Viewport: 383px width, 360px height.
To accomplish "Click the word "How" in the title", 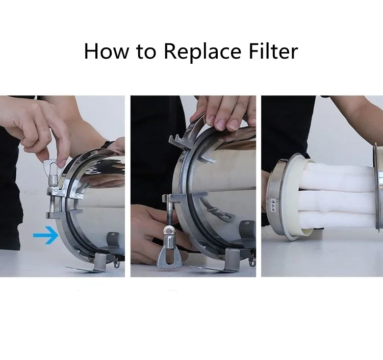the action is point(106,51).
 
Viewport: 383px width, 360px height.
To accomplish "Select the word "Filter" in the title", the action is point(273,51).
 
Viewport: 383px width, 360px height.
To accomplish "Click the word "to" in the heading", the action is point(146,52).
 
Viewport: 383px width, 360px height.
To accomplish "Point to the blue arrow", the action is point(46,235).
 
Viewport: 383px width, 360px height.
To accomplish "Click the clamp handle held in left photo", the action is point(52,166).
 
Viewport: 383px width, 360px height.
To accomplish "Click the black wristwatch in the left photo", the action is point(108,144).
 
